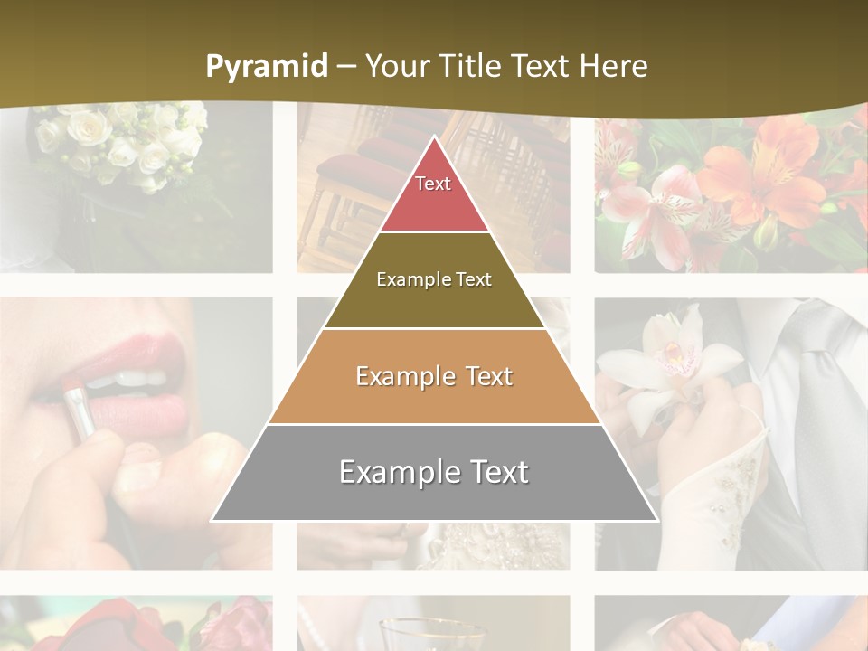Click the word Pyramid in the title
point(267,67)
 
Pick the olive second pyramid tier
point(434,280)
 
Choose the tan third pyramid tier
point(434,377)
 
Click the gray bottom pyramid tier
point(434,473)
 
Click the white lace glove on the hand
point(714,488)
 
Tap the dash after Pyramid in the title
point(346,67)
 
